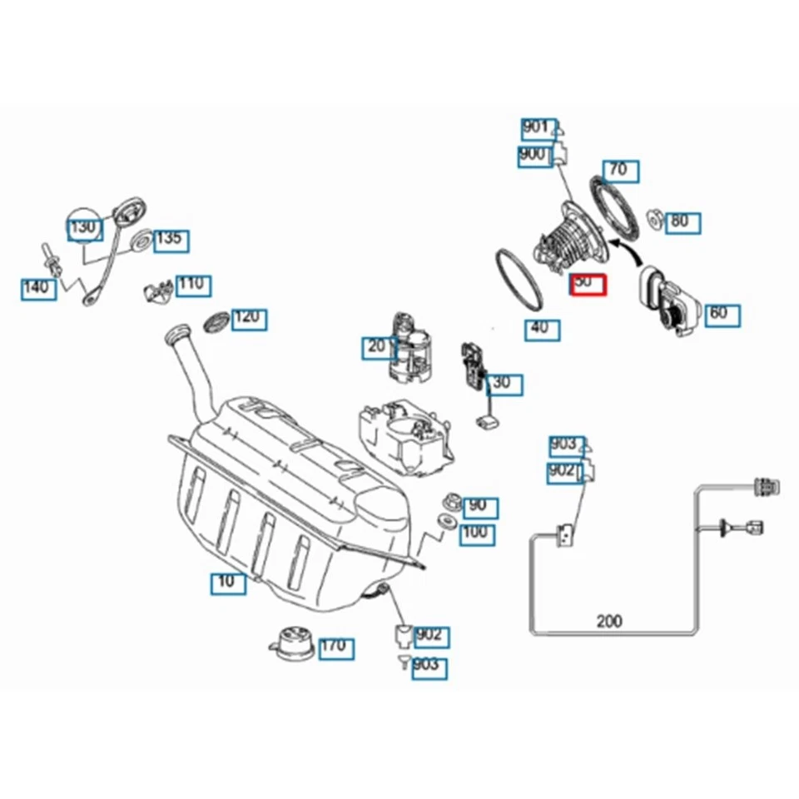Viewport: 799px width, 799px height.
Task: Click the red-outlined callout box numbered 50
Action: (590, 285)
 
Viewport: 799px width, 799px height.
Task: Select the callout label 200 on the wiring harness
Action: (609, 621)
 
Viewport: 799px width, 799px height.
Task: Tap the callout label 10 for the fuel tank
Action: (227, 582)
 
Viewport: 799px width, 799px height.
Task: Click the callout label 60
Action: (721, 314)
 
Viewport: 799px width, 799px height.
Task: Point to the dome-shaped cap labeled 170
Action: (292, 642)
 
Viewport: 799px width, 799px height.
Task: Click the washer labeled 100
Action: (446, 523)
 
